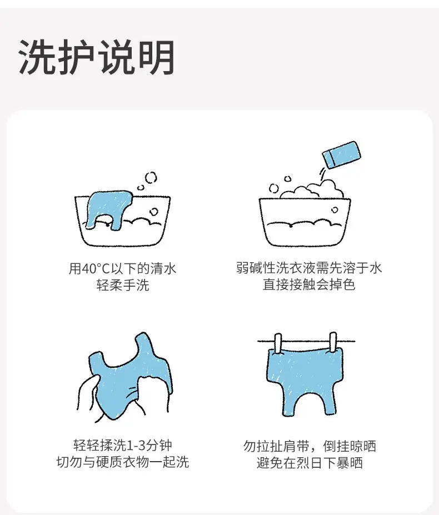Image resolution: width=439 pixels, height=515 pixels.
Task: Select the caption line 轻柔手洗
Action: pyautogui.click(x=123, y=285)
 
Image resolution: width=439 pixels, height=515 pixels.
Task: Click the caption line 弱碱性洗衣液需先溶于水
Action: pyautogui.click(x=309, y=268)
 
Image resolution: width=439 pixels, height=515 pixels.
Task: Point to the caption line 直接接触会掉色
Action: pyautogui.click(x=309, y=284)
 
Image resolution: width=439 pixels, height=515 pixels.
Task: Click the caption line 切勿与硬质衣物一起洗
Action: pyautogui.click(x=123, y=462)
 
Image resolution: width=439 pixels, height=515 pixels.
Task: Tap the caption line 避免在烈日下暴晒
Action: pyautogui.click(x=310, y=463)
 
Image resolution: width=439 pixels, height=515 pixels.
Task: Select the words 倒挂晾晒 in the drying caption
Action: pyautogui.click(x=350, y=446)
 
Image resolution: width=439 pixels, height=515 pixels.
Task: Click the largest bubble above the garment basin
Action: pyautogui.click(x=151, y=177)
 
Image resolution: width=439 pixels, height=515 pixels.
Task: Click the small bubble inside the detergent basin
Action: pyautogui.click(x=335, y=210)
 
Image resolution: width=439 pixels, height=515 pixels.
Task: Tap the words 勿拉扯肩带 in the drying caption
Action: pyautogui.click(x=276, y=446)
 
